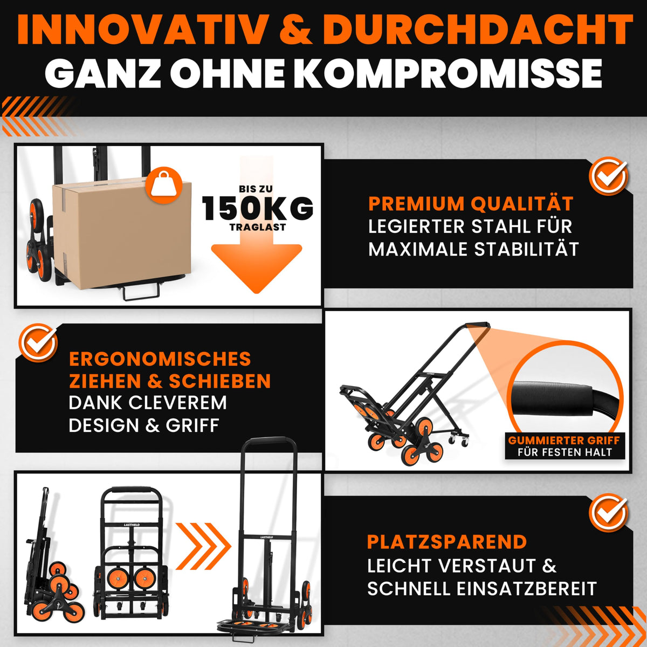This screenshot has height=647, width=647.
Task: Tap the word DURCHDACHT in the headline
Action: pyautogui.click(x=478, y=29)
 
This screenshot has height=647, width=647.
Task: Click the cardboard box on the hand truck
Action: pyautogui.click(x=122, y=234)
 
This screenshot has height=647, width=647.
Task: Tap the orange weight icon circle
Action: pyautogui.click(x=164, y=185)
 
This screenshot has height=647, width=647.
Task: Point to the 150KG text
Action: pyautogui.click(x=258, y=208)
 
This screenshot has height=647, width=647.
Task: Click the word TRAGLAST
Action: pyautogui.click(x=258, y=228)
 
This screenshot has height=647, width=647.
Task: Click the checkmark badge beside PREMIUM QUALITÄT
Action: pyautogui.click(x=608, y=176)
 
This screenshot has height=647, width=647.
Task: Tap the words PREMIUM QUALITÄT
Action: pyautogui.click(x=471, y=203)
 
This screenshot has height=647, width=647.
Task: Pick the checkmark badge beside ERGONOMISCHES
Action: pyautogui.click(x=38, y=342)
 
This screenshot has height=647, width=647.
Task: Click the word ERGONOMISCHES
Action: pyautogui.click(x=160, y=359)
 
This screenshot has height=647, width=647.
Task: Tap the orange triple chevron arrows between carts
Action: pyautogui.click(x=203, y=546)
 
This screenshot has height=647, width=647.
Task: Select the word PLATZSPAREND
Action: pyautogui.click(x=447, y=541)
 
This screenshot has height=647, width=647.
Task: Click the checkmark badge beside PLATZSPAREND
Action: pyautogui.click(x=608, y=512)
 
